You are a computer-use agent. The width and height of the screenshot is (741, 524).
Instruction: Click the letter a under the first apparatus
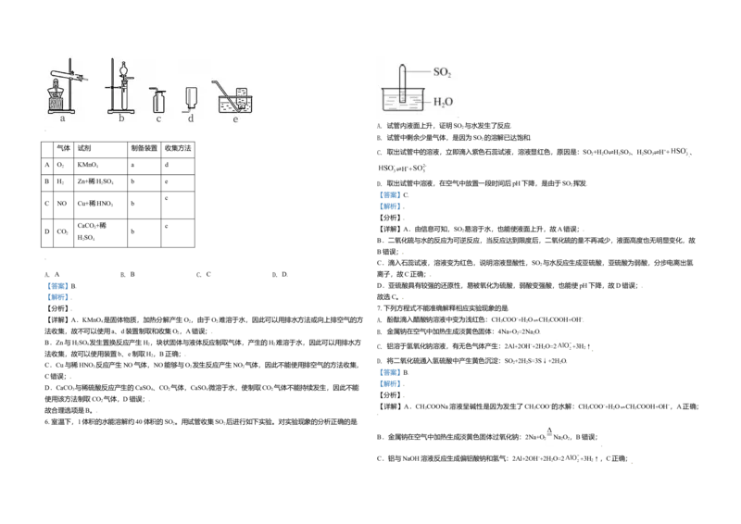62,119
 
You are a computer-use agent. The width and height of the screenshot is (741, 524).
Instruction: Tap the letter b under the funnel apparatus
121,119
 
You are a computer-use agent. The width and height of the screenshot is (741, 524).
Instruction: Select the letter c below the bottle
158,119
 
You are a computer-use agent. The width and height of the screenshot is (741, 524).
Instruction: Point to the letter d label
191,119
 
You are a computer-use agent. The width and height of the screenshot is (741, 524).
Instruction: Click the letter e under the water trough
235,119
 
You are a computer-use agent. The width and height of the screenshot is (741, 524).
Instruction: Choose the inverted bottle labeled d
191,96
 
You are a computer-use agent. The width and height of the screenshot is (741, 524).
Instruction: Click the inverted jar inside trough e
243,95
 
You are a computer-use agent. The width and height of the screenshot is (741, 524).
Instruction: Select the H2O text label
444,102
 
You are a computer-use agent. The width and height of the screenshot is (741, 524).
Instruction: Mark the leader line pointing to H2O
423,102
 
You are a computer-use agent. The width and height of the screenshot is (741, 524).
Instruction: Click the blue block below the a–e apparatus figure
57,293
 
